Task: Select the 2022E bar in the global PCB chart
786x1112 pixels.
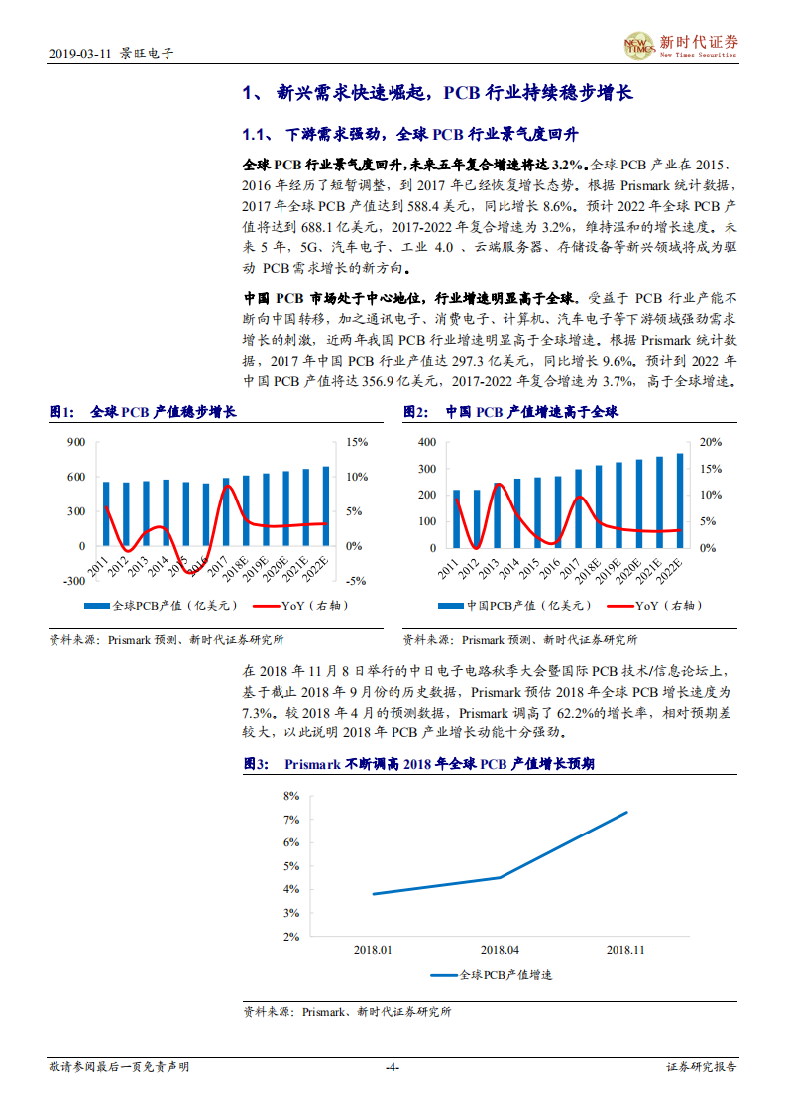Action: click(x=326, y=505)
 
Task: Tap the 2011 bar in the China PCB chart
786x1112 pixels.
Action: click(x=456, y=518)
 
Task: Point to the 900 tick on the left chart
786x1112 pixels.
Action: click(x=76, y=442)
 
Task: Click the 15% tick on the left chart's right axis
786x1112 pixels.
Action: click(x=357, y=442)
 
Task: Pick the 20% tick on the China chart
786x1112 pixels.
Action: click(x=712, y=442)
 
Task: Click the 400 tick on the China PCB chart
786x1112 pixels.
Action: click(x=426, y=442)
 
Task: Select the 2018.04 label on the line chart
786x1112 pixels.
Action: click(x=500, y=949)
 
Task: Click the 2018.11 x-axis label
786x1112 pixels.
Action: click(x=625, y=949)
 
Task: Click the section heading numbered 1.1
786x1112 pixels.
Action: click(x=410, y=134)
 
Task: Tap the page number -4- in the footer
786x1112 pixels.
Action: click(x=392, y=1067)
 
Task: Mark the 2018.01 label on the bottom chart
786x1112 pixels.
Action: click(x=373, y=949)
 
